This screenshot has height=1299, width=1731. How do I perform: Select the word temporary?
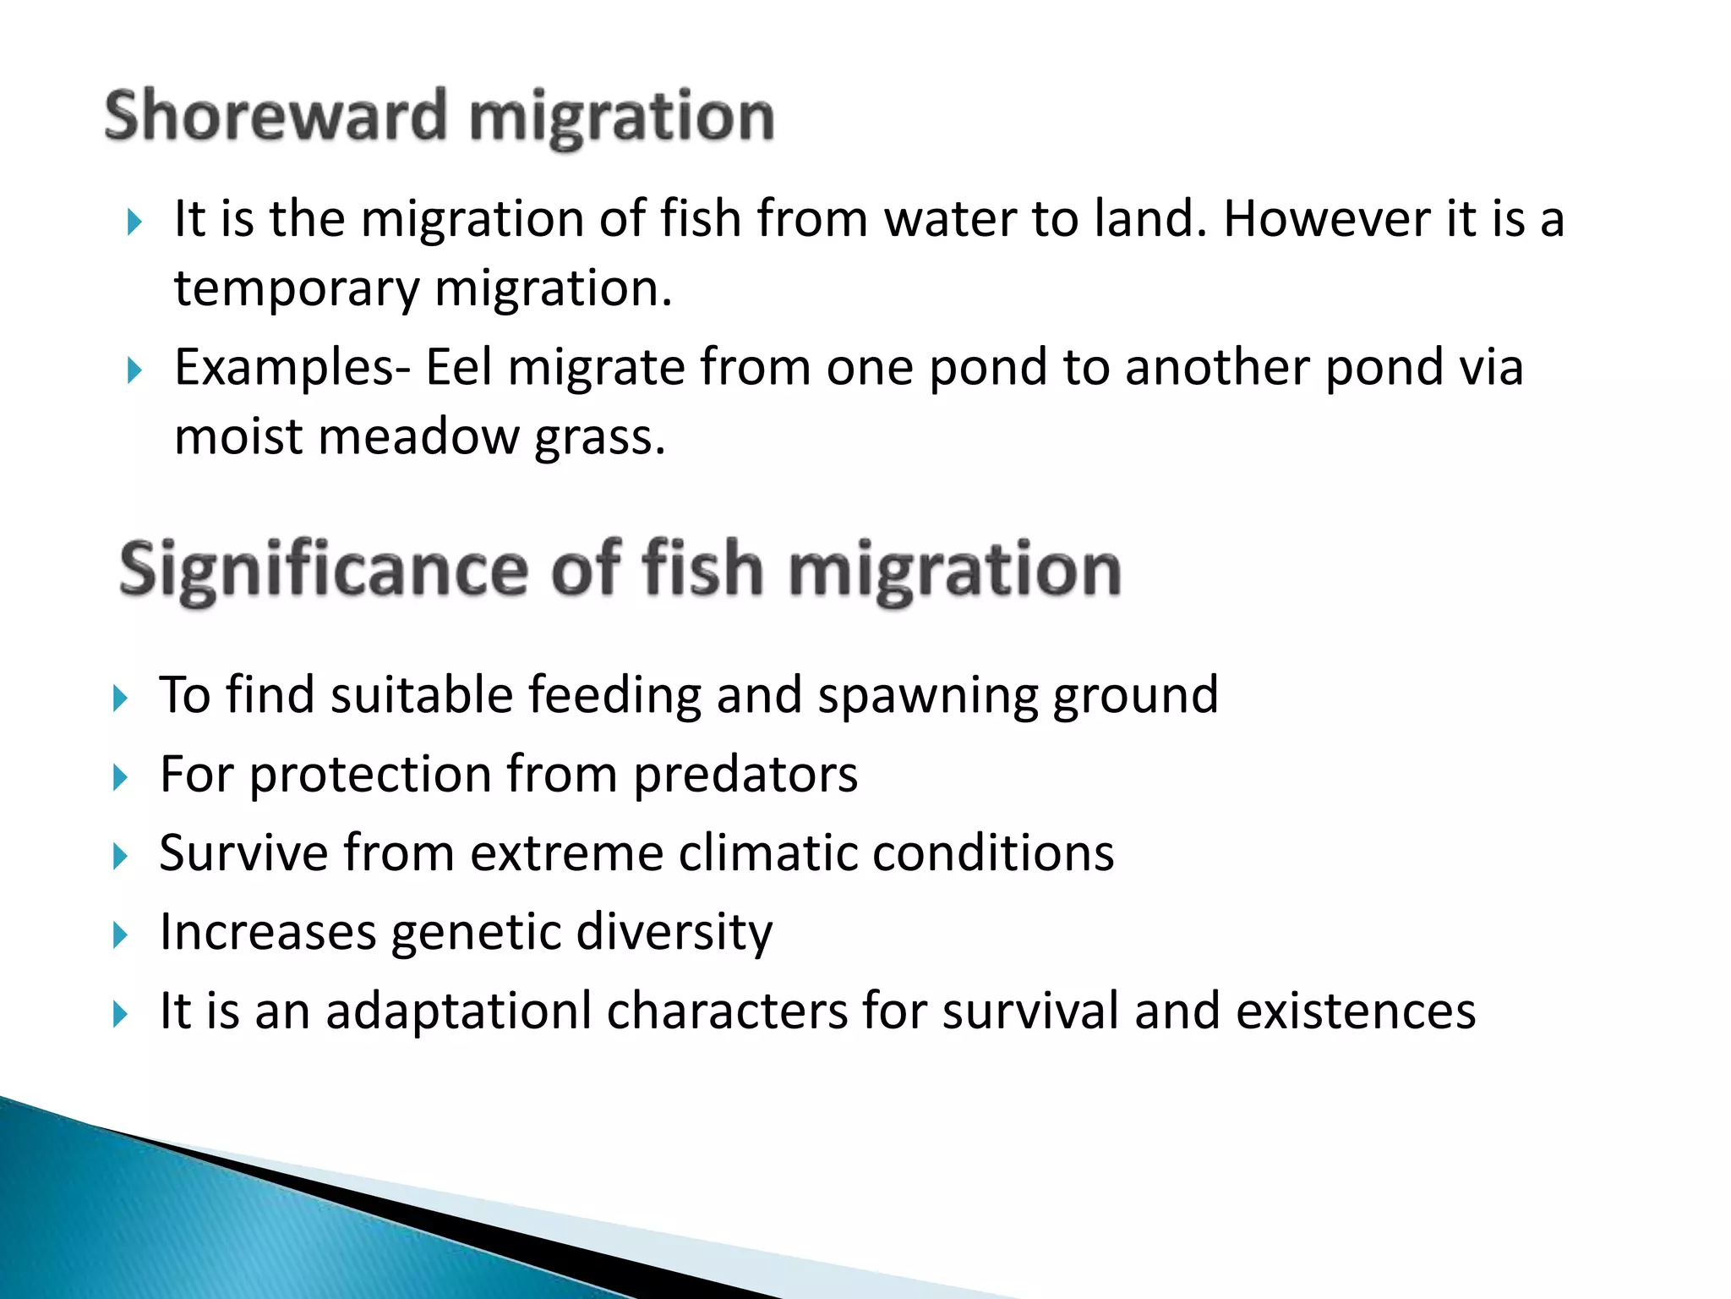pos(297,289)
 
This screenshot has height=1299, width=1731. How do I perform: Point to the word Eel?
pos(458,367)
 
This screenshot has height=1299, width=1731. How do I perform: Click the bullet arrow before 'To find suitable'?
pos(120,699)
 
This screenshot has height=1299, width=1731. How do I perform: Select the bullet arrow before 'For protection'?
pos(120,777)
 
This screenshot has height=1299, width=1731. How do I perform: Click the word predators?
pos(745,775)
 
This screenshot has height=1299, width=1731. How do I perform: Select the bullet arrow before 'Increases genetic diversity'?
pos(120,935)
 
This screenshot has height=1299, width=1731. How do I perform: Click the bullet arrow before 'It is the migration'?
pos(134,222)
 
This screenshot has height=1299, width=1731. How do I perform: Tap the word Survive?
pos(243,852)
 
